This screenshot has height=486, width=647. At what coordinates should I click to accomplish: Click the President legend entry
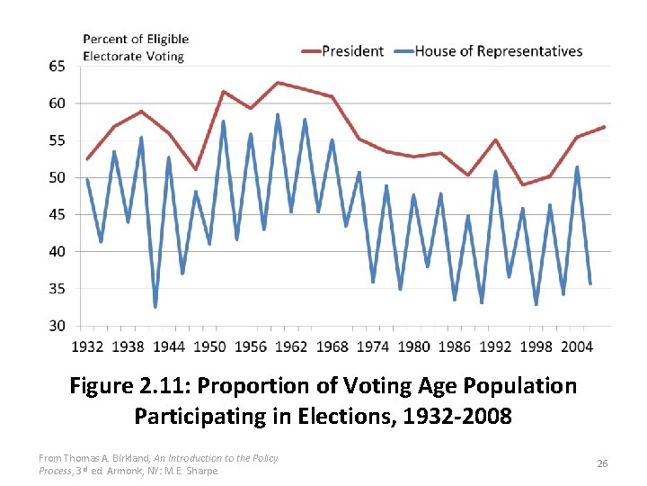(x=352, y=51)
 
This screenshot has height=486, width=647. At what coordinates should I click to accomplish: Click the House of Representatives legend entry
(x=498, y=51)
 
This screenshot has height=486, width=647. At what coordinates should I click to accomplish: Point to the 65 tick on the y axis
(x=57, y=67)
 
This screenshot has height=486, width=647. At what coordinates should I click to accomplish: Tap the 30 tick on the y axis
(x=57, y=326)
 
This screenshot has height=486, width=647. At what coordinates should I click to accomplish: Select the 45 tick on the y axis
(x=57, y=214)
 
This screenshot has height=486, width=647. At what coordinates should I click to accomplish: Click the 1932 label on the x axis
(x=87, y=346)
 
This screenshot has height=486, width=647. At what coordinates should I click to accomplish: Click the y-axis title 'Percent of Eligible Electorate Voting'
(x=136, y=48)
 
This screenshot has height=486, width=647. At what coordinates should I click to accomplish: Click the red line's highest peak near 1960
(x=278, y=83)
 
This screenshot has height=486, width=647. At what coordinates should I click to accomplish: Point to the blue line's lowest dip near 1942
(x=155, y=307)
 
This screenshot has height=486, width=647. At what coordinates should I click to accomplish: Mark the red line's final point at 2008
(x=605, y=127)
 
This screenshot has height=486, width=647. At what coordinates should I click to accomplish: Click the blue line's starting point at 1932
(x=87, y=180)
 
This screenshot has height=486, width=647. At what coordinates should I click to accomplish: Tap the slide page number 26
(x=603, y=463)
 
